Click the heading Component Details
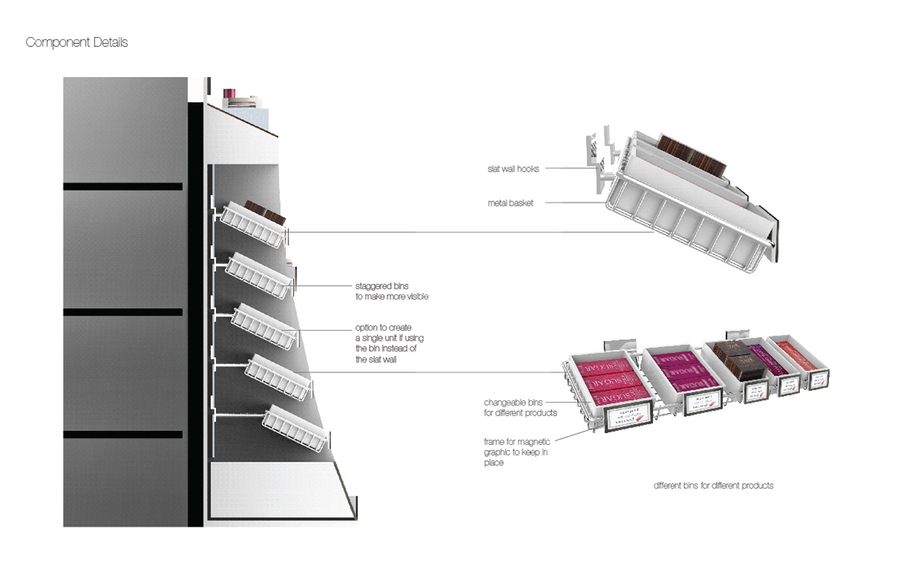[77, 42]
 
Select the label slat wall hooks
[514, 169]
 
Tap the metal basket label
[511, 203]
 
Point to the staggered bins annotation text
[392, 291]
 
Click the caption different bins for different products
[714, 485]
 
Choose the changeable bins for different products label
[520, 407]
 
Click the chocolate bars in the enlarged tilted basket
[692, 155]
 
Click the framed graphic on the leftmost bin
[628, 415]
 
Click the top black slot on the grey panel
[123, 186]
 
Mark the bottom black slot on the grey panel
[123, 434]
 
